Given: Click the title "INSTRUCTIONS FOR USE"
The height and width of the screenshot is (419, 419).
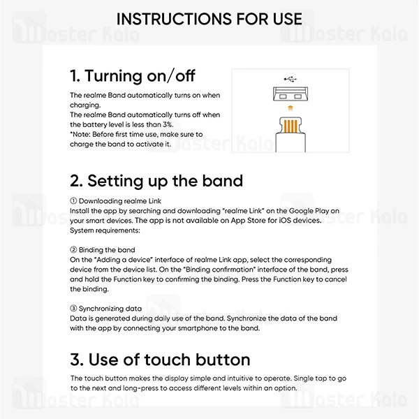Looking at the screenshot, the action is pos(209,19).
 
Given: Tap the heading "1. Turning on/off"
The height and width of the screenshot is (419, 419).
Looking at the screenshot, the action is pos(133,76).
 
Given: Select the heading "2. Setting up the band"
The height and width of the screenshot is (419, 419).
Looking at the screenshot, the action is pos(156,181).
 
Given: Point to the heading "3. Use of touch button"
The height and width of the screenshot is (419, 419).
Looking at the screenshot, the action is pos(160,360).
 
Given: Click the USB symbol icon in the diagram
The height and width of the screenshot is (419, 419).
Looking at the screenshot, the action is pos(291,79).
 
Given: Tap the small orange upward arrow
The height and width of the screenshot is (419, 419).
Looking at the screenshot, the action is pos(291,108).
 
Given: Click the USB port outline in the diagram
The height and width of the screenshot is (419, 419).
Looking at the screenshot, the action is pos(291,94).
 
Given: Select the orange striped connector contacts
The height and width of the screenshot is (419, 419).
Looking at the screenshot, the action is pos(291,126).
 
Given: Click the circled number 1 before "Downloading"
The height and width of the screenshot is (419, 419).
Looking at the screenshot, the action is pos(73,200).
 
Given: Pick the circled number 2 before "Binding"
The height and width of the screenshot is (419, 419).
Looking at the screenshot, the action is pos(73,249).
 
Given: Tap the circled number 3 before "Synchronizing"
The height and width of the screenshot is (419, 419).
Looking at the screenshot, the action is pos(73,309).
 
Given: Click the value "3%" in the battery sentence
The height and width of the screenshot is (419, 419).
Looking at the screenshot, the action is pos(168,124).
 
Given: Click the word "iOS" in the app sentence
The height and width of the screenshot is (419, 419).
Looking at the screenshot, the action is pos(285,221).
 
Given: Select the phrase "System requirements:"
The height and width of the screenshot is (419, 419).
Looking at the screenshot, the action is pos(105,230).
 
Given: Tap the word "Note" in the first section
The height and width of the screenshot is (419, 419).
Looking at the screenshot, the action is pos(81,134).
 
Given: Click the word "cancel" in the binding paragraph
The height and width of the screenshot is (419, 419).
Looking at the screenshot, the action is pos(336,279).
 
